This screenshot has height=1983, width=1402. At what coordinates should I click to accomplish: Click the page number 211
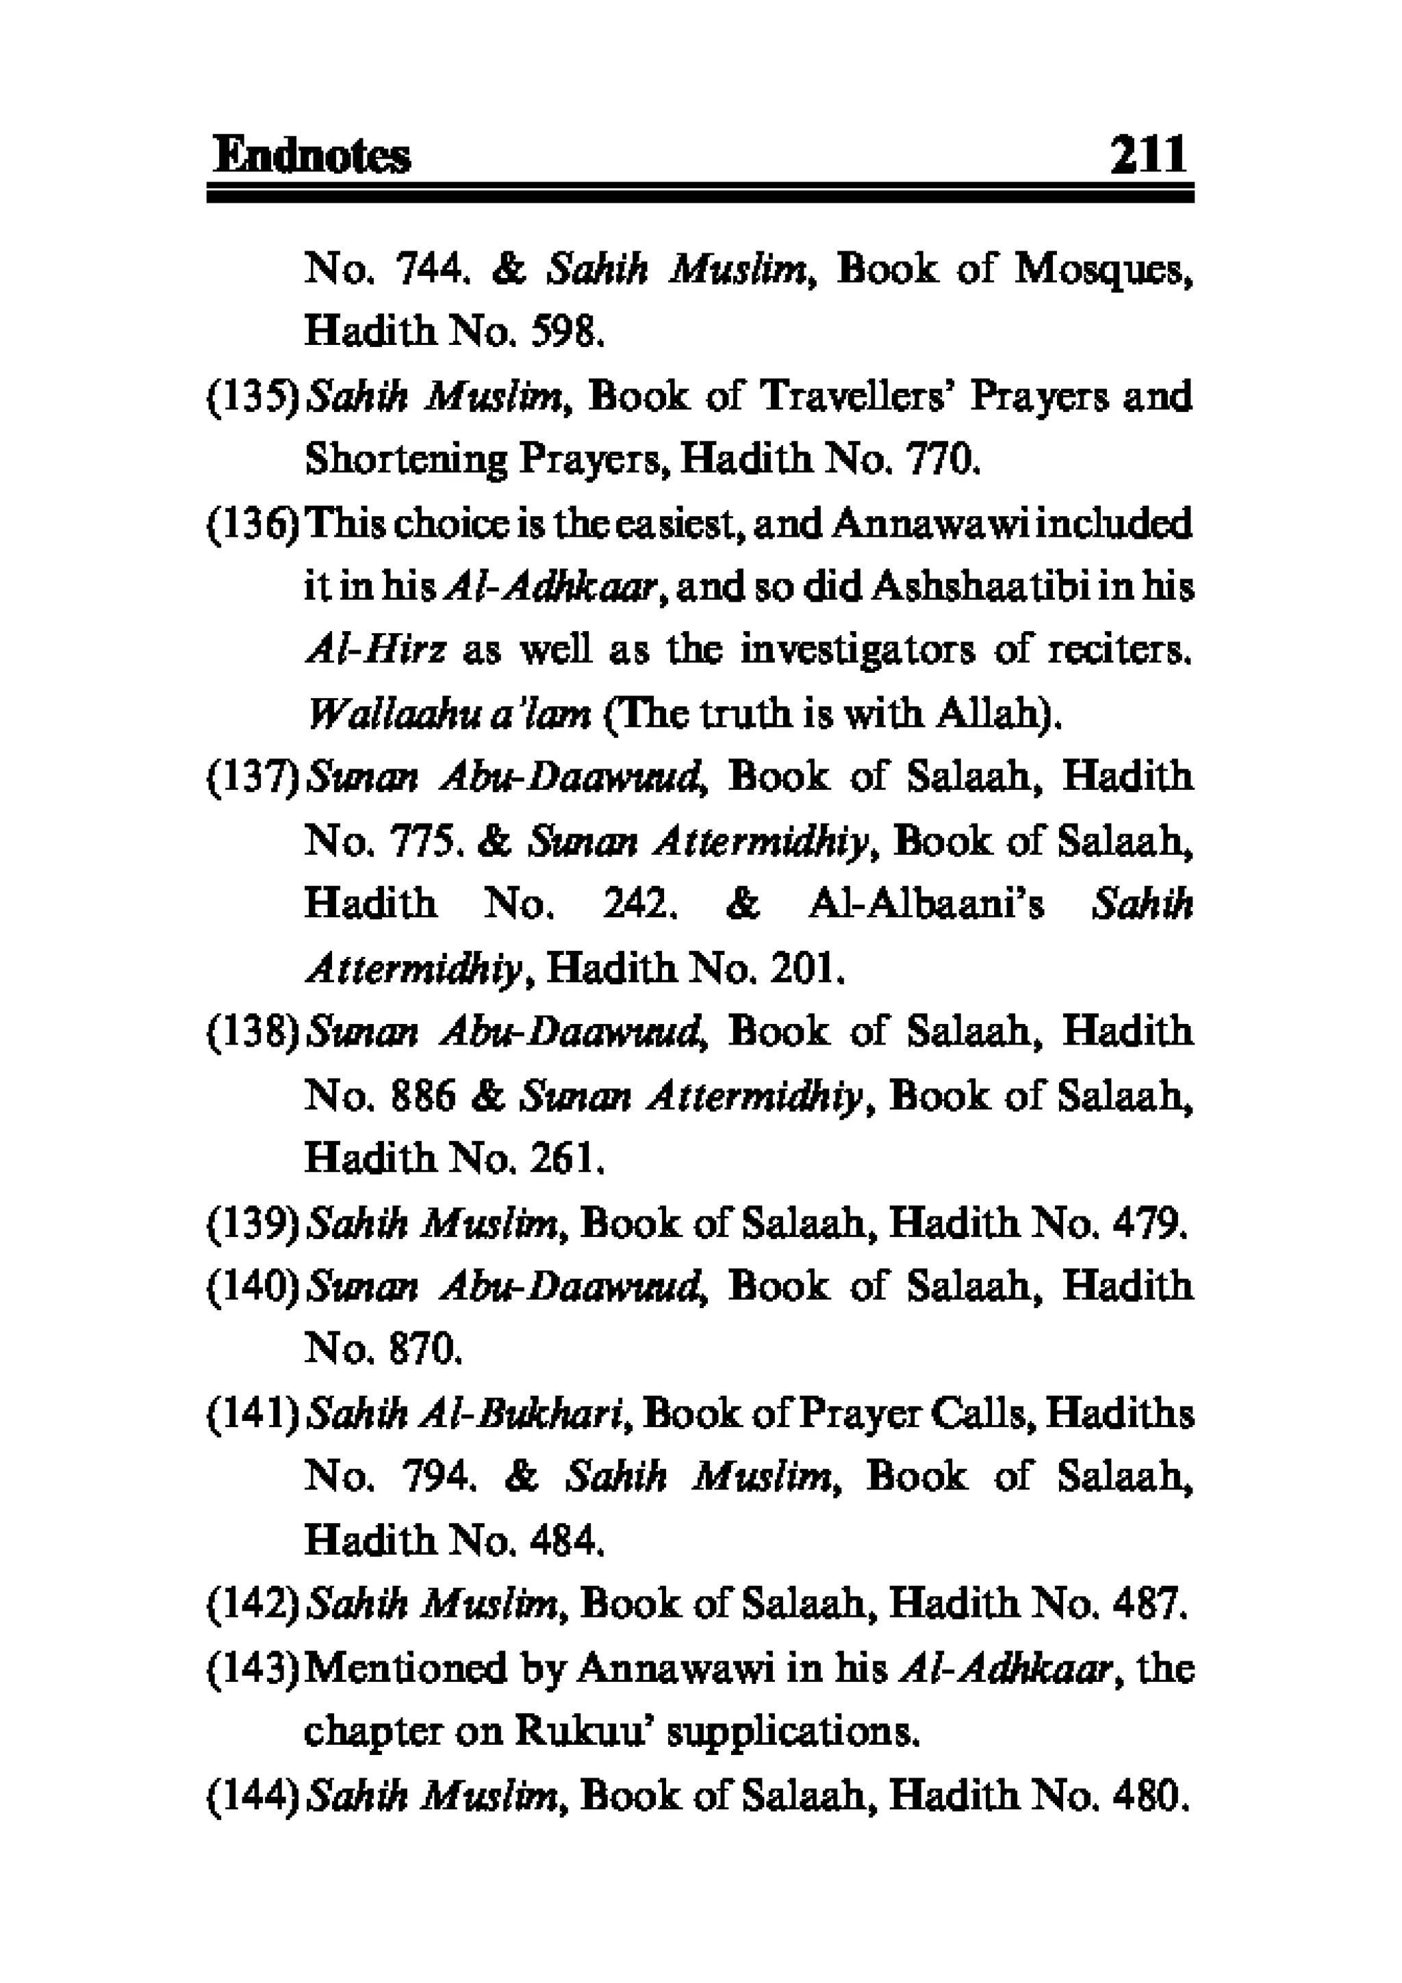1148,156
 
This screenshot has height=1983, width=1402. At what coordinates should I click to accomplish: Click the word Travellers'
855,396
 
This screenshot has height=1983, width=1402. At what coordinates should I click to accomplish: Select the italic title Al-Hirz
376,650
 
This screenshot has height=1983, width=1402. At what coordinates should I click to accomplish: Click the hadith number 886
422,1096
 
